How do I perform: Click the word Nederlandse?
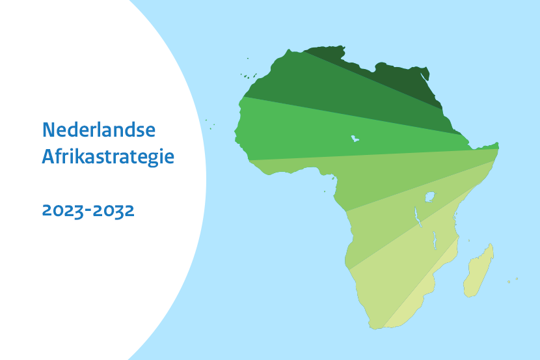[99, 130]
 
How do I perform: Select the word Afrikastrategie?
[108, 157]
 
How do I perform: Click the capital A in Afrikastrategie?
[47, 156]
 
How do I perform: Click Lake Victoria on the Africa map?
[429, 196]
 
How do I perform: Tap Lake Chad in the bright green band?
[355, 138]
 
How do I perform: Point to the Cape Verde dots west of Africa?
[210, 124]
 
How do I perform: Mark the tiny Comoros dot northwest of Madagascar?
[468, 240]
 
